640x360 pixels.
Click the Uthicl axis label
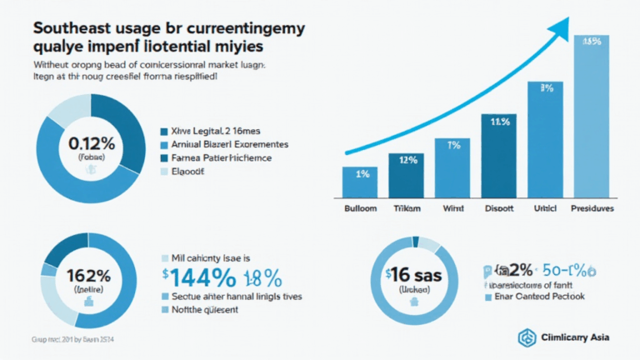coord(546,208)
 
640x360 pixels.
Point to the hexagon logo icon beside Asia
coord(527,337)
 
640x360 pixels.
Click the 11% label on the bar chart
coord(499,122)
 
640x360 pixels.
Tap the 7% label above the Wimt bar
coord(453,143)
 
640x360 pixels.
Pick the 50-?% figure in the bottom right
coord(572,269)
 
